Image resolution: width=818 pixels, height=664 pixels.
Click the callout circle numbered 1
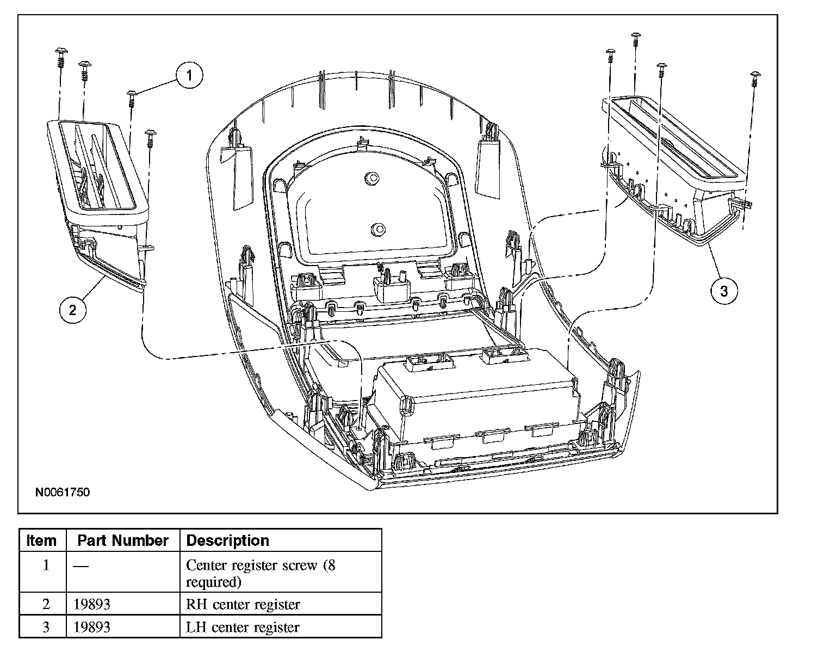point(189,76)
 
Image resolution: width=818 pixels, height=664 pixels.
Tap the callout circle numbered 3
point(724,291)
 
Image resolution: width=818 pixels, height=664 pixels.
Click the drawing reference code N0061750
point(63,492)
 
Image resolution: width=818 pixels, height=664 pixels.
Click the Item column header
point(41,540)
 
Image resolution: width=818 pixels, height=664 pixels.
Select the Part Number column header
point(122,540)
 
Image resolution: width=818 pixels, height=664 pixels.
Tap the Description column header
point(227,540)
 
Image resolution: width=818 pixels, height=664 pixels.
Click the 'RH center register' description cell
point(243,604)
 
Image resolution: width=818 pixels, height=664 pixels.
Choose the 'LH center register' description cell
point(243,627)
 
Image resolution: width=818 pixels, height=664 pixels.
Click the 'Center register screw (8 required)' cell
point(261,573)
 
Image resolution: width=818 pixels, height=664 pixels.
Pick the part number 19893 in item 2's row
point(92,604)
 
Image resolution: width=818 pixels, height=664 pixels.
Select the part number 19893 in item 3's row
point(92,627)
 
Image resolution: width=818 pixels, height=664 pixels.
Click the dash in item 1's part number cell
point(80,566)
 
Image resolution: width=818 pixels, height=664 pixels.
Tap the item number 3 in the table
point(46,627)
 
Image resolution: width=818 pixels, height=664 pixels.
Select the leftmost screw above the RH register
point(60,54)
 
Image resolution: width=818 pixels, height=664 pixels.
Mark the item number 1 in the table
point(46,565)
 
